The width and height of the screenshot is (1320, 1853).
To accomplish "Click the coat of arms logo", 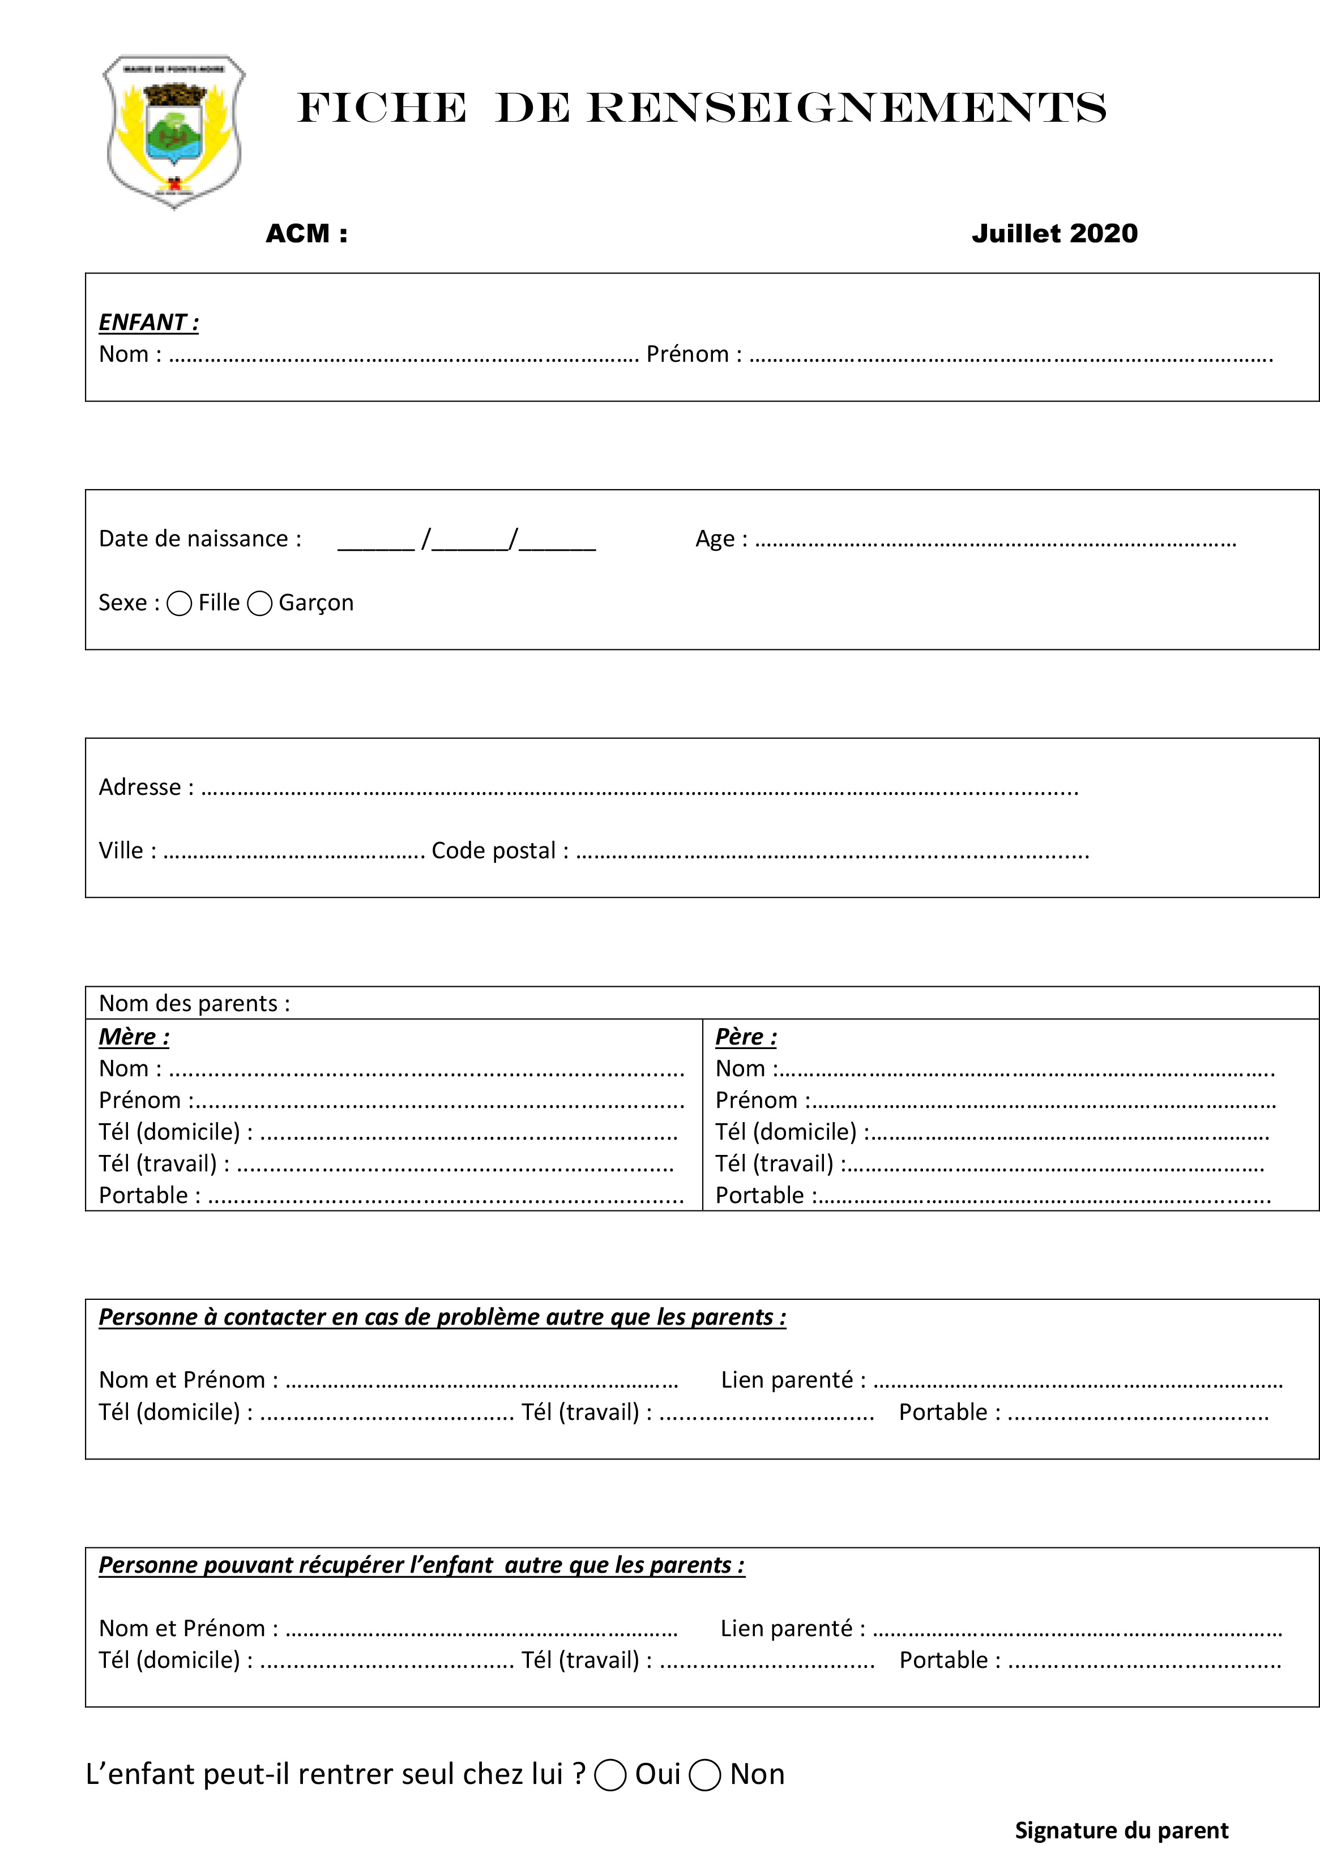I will (173, 131).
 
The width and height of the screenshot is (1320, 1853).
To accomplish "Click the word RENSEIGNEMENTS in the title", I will (845, 108).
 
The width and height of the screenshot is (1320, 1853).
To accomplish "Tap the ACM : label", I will (306, 234).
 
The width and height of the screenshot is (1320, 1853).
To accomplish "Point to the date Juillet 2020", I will (1054, 234).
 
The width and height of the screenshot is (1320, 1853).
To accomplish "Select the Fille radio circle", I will (179, 603).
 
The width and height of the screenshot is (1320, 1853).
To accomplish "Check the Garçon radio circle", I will (259, 603).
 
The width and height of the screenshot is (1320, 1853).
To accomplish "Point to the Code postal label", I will (499, 851).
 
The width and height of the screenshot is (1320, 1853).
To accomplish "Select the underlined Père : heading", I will (745, 1037).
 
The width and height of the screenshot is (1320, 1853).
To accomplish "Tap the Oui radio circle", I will (610, 1775).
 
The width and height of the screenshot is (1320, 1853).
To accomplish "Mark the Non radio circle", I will (704, 1775).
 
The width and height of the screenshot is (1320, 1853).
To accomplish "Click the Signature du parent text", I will (1121, 1830).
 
